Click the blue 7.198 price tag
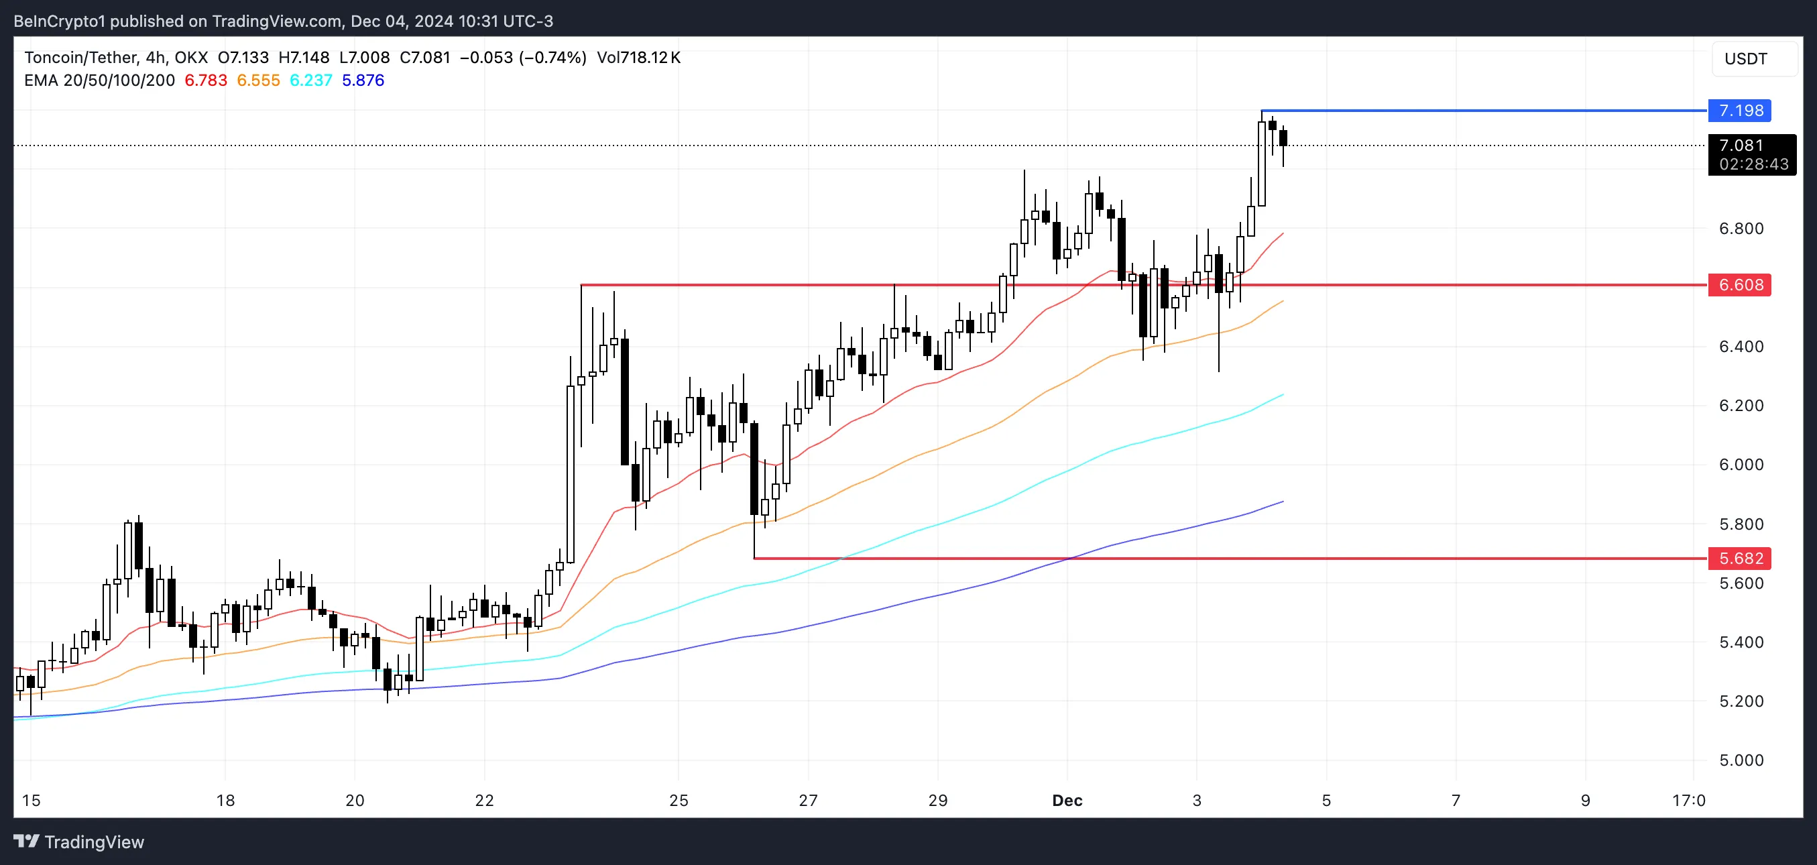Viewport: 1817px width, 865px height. pyautogui.click(x=1739, y=111)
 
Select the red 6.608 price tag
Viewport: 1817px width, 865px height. pyautogui.click(x=1739, y=285)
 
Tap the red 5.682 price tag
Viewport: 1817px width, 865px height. pyautogui.click(x=1739, y=558)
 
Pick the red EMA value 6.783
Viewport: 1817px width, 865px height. pyautogui.click(x=206, y=80)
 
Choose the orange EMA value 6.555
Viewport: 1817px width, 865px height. pyautogui.click(x=258, y=80)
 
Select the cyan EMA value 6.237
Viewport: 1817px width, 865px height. pyautogui.click(x=311, y=80)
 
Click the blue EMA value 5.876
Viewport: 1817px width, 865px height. pyautogui.click(x=363, y=80)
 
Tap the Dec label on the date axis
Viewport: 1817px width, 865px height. pyautogui.click(x=1067, y=800)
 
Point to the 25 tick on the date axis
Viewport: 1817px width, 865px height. pyautogui.click(x=679, y=800)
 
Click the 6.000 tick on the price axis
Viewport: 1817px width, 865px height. pyautogui.click(x=1741, y=464)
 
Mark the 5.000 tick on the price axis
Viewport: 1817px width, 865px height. pyautogui.click(x=1741, y=760)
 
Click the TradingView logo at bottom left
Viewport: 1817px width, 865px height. pyautogui.click(x=79, y=842)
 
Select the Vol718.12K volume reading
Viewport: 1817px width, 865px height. pyautogui.click(x=638, y=58)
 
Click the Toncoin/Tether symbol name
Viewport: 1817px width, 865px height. pyautogui.click(x=80, y=58)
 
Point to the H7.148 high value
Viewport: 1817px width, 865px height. pyautogui.click(x=304, y=58)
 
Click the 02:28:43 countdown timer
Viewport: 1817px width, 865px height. pyautogui.click(x=1753, y=164)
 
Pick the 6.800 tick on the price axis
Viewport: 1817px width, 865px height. pyautogui.click(x=1741, y=228)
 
